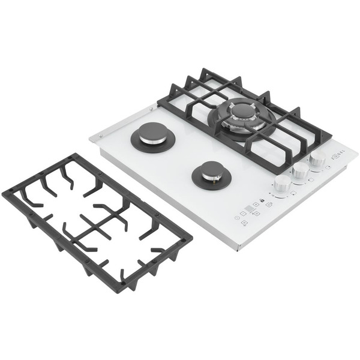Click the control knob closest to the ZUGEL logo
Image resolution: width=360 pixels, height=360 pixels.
coord(317,159)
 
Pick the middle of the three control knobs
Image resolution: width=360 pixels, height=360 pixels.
coord(301,170)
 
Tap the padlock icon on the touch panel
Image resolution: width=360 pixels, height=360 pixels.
coord(262,200)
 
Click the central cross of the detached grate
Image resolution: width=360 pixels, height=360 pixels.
coord(96,226)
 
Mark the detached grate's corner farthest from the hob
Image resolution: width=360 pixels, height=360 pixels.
coord(5,196)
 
